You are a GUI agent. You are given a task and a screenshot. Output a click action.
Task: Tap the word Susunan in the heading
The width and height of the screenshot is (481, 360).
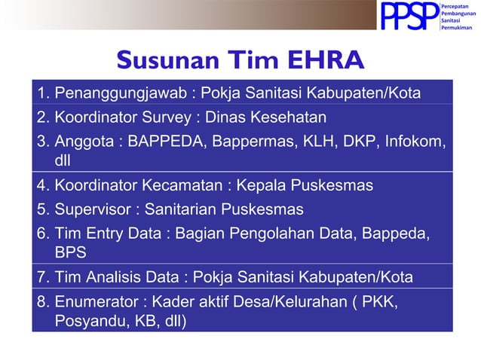[164, 59]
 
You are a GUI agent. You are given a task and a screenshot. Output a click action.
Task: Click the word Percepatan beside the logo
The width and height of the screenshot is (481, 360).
[456, 7]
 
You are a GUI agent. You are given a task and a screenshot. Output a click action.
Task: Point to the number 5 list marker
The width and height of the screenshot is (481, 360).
[41, 209]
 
